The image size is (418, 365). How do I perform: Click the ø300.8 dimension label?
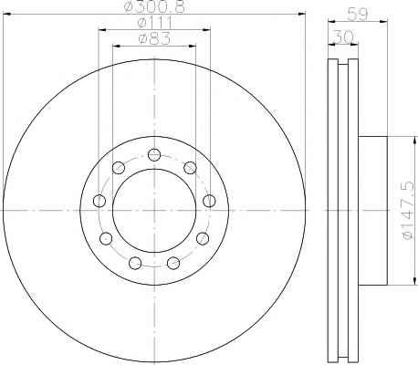(154, 6)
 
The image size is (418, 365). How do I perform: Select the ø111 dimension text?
(154, 23)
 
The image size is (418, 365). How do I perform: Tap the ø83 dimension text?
(154, 38)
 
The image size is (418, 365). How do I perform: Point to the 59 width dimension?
(358, 14)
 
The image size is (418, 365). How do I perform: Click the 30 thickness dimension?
(343, 37)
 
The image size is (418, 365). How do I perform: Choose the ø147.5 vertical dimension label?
(407, 210)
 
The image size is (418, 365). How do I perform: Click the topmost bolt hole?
(154, 155)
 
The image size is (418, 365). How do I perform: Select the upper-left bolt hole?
(119, 168)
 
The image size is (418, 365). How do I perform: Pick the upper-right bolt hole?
(190, 168)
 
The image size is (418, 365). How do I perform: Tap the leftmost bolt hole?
(99, 201)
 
